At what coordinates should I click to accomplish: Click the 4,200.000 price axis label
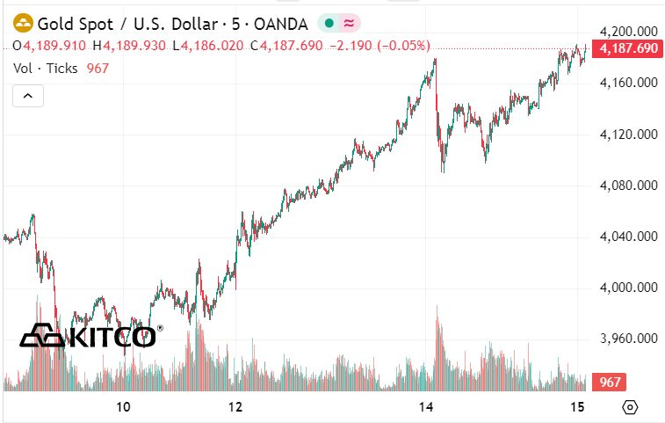(x=627, y=32)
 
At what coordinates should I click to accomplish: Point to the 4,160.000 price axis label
(x=627, y=83)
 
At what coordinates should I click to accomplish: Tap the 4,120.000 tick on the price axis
(x=627, y=135)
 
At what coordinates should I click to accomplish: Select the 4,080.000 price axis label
(x=627, y=186)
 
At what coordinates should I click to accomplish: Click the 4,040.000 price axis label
(x=627, y=237)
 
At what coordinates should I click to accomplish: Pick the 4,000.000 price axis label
(x=627, y=288)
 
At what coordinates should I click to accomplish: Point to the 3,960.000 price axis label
(x=627, y=339)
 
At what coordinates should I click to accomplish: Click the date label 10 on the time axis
(x=123, y=407)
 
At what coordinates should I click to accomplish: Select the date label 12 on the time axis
(x=235, y=407)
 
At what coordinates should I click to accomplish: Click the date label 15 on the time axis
(x=576, y=407)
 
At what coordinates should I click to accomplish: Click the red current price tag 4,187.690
(x=627, y=49)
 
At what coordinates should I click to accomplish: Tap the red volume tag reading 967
(x=611, y=383)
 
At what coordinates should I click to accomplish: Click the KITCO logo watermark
(x=88, y=335)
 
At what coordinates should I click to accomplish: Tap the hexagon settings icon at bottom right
(x=630, y=407)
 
